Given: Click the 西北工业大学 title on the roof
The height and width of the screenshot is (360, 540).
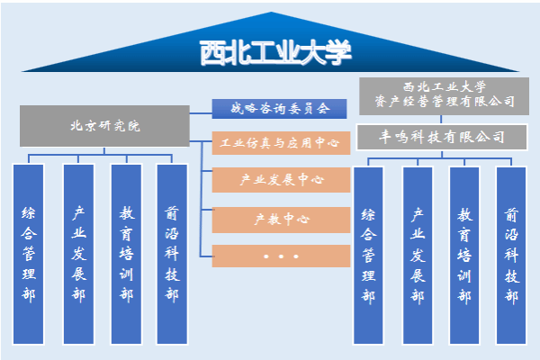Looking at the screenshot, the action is pyautogui.click(x=275, y=53).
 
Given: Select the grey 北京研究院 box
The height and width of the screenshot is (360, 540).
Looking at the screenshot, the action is pyautogui.click(x=104, y=126).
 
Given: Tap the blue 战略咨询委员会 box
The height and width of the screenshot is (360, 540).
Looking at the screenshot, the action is pyautogui.click(x=279, y=109).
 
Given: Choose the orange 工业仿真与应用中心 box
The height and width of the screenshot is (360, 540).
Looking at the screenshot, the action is pyautogui.click(x=281, y=142).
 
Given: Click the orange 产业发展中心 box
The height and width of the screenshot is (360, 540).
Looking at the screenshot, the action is pyautogui.click(x=281, y=180).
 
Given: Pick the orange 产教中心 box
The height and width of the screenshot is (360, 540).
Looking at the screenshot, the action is pyautogui.click(x=281, y=220).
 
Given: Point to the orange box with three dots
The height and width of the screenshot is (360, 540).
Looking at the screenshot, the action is pyautogui.click(x=281, y=256).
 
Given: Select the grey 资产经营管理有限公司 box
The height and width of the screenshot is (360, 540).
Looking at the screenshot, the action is pyautogui.click(x=444, y=96).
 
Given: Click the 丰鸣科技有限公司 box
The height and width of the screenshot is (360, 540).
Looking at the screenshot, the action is pyautogui.click(x=442, y=137).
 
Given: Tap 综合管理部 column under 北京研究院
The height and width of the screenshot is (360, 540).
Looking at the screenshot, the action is pyautogui.click(x=28, y=254).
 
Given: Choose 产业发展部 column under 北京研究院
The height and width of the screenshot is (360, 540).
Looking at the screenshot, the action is pyautogui.click(x=78, y=254).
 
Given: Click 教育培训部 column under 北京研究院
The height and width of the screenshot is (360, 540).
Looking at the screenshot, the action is pyautogui.click(x=126, y=254).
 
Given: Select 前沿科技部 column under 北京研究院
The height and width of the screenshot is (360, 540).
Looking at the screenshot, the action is pyautogui.click(x=172, y=254).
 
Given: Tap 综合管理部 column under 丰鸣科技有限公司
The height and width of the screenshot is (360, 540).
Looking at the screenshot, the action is pyautogui.click(x=368, y=256).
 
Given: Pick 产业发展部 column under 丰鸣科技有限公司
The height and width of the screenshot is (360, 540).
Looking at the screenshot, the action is pyautogui.click(x=418, y=256).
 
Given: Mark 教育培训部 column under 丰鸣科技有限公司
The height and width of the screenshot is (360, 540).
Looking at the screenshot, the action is pyautogui.click(x=464, y=256).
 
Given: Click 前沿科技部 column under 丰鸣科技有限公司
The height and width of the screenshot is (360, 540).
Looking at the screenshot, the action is pyautogui.click(x=511, y=256).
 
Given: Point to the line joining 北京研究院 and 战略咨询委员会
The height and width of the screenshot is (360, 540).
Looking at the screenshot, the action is pyautogui.click(x=201, y=113).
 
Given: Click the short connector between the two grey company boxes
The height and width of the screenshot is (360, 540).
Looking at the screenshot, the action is pyautogui.click(x=441, y=120).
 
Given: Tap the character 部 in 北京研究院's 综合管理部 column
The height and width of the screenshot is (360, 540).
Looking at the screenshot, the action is pyautogui.click(x=28, y=295).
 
